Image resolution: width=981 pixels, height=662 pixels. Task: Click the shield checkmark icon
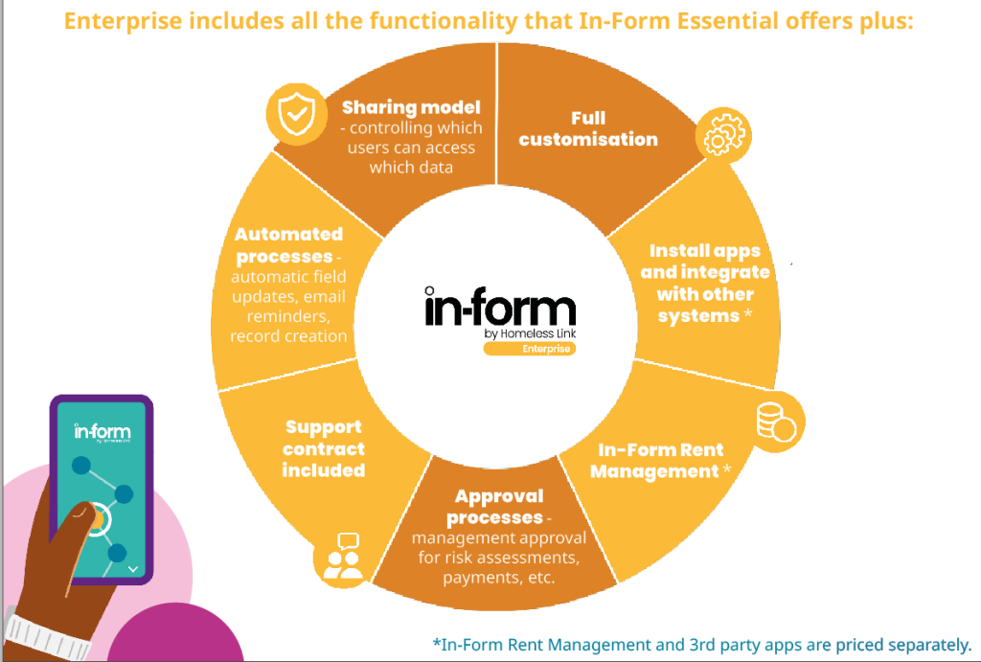point(297,114)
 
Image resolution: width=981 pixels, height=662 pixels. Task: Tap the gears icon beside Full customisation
point(724,134)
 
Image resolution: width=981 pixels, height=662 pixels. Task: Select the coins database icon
point(776,422)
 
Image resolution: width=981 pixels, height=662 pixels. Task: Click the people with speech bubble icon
point(343,556)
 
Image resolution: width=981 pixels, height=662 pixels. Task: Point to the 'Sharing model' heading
point(411,107)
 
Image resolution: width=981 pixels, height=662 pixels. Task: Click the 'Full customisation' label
point(588,129)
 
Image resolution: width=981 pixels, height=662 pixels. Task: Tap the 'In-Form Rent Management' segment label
point(660,461)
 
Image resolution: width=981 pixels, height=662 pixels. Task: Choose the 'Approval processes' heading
point(498,507)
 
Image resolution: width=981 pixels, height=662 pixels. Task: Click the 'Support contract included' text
point(324,448)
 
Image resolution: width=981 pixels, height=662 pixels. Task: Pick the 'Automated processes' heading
point(288,245)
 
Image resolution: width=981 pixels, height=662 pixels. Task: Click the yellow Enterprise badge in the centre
point(529,349)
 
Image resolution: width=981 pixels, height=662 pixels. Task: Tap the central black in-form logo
point(500,307)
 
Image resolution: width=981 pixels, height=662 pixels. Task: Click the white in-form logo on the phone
point(102,431)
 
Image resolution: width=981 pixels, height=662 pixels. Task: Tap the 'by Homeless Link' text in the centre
point(530,333)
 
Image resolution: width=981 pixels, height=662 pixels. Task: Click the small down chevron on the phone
point(132,569)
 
